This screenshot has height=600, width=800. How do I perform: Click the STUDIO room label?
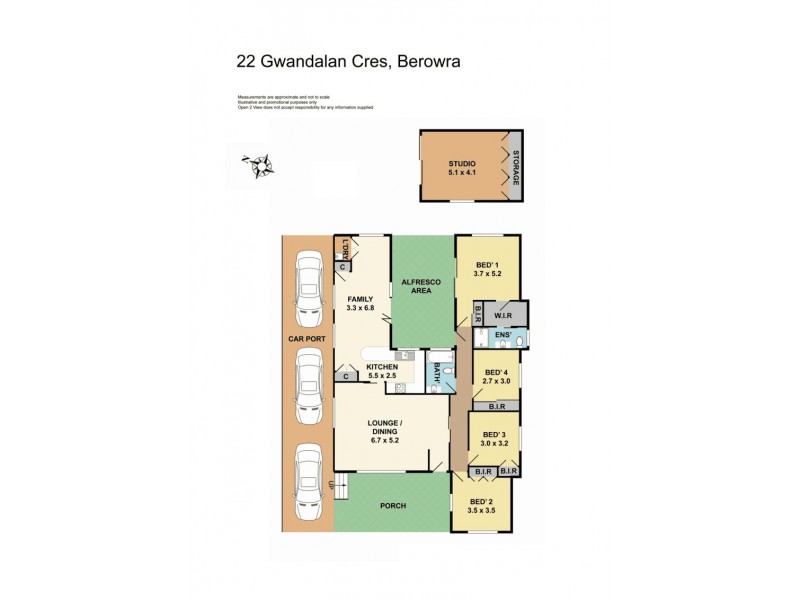(x=462, y=163)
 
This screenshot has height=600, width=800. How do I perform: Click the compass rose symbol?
(x=259, y=163)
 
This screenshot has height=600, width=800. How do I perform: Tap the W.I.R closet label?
(x=505, y=312)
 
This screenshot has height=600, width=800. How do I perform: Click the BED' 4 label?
(x=496, y=370)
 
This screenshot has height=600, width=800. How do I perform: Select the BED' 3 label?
(x=494, y=434)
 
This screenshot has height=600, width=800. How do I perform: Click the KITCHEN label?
(x=383, y=368)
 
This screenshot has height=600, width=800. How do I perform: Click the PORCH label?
(x=393, y=506)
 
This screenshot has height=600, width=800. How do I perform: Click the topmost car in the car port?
(x=307, y=285)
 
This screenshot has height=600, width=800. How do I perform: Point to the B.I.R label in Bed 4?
(x=496, y=407)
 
